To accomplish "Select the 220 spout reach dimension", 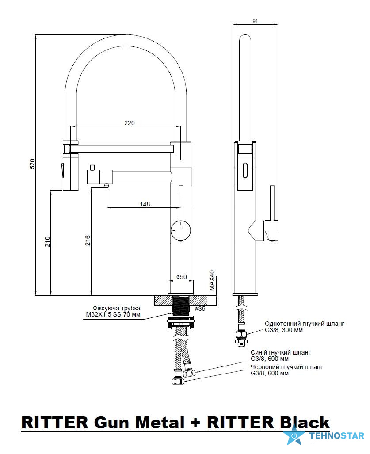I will [129, 122].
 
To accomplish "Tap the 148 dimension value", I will [145, 204].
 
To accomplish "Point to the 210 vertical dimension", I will [48, 241].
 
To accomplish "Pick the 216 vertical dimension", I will [88, 240].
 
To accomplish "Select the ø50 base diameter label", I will [181, 277].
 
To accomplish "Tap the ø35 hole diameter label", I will [200, 309].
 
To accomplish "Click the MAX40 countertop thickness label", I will [212, 280].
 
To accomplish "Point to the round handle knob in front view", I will [180, 230].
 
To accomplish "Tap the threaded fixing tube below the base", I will [180, 305].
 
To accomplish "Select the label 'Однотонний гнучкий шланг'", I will [304, 324].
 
